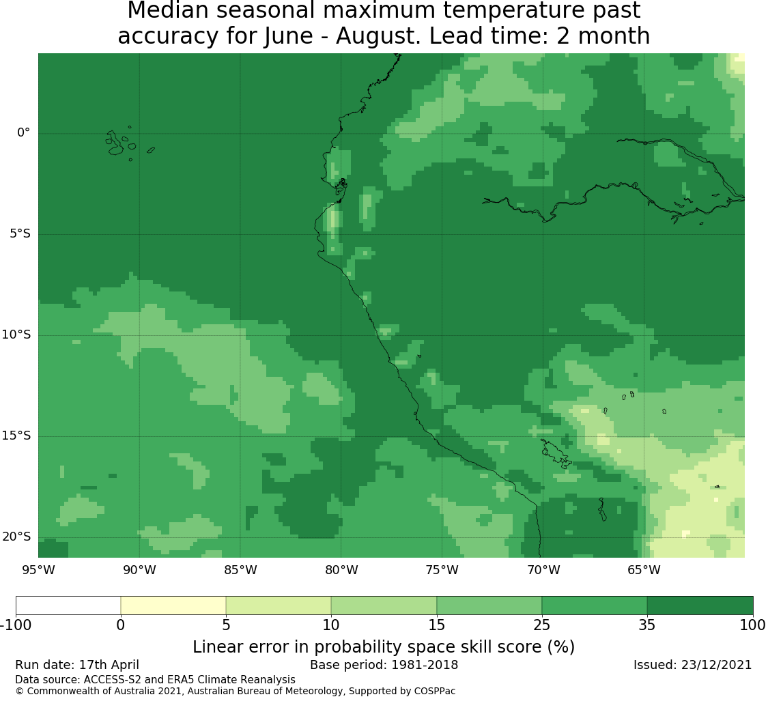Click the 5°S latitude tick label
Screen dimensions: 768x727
click(x=20, y=233)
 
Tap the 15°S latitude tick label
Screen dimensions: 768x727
click(x=16, y=436)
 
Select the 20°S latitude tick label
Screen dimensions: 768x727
click(x=16, y=537)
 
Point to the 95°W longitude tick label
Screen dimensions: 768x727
click(x=38, y=570)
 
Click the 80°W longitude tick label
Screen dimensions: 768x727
click(x=341, y=570)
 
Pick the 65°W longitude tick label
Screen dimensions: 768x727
click(x=644, y=570)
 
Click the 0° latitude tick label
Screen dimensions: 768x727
click(x=23, y=132)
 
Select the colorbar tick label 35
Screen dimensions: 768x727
click(x=647, y=625)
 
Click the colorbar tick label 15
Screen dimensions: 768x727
click(x=436, y=625)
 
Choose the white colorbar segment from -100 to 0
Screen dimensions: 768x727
click(x=68, y=605)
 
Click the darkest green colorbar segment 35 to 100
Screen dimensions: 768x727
click(x=700, y=605)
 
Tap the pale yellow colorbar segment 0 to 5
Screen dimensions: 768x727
click(x=173, y=605)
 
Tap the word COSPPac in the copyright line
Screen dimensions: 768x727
click(x=434, y=692)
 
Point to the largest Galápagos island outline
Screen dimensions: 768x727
click(x=115, y=143)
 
